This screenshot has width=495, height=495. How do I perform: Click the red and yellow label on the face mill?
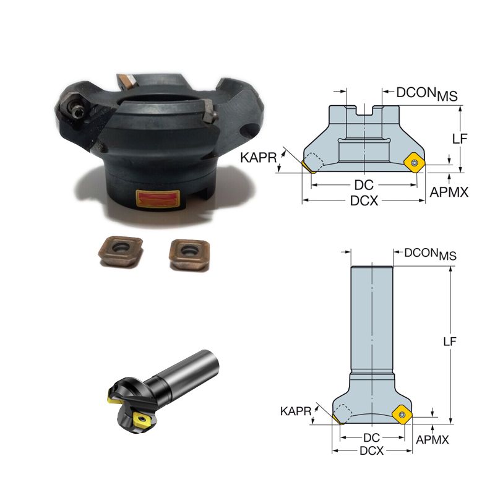coord(158,199)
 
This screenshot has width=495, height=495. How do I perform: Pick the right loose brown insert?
coord(189,254)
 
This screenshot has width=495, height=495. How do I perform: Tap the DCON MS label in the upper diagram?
coord(427,94)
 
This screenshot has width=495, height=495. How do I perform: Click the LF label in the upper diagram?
coord(460,139)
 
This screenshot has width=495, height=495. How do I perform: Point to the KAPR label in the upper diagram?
coord(258,158)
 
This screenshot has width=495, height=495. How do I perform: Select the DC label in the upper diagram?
coord(364,185)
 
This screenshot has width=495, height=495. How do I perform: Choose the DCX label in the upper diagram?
coord(364,200)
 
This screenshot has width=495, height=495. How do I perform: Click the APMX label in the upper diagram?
coord(449,192)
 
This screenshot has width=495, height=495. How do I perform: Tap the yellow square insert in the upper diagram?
coord(415,163)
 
